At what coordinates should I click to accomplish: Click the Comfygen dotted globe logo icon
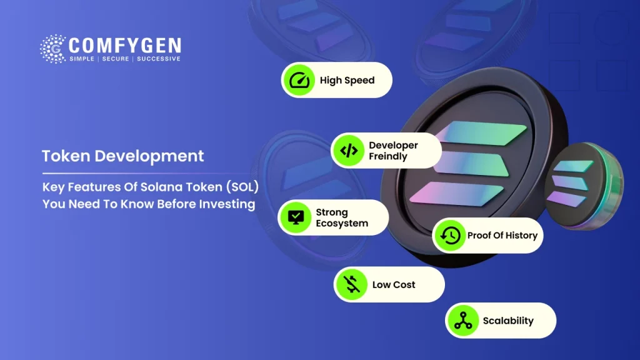click(52, 49)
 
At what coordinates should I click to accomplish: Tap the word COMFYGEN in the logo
click(124, 46)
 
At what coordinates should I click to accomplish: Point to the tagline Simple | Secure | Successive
click(124, 59)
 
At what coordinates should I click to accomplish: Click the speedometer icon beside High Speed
click(299, 80)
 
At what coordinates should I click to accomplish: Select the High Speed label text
click(347, 81)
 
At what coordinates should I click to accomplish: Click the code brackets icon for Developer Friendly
click(348, 151)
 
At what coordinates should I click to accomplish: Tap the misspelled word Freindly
click(387, 156)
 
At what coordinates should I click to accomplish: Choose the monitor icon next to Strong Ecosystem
click(295, 217)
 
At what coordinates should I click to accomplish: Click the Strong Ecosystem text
click(341, 217)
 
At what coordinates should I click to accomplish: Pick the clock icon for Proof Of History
click(449, 236)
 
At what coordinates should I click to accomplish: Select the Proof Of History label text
click(502, 236)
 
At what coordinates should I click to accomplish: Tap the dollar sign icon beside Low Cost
click(352, 284)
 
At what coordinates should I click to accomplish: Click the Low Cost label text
click(394, 285)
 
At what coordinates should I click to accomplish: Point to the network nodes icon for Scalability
click(462, 321)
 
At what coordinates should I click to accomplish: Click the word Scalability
click(507, 321)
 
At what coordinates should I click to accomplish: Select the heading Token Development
click(122, 156)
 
